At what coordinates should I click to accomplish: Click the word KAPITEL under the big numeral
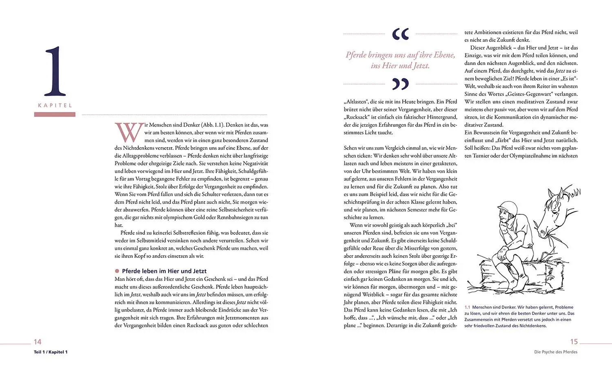55,105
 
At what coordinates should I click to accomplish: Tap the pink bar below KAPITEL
55,115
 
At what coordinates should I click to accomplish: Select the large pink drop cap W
129,132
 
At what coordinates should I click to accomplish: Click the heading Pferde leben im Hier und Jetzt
164,271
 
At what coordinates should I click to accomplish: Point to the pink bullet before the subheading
117,271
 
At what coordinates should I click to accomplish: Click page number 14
38,342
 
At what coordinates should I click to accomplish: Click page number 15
574,342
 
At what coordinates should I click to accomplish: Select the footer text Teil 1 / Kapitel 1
51,352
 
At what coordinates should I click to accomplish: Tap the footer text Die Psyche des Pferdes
556,352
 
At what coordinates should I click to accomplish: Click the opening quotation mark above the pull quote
400,34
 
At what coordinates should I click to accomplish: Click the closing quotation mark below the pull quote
400,84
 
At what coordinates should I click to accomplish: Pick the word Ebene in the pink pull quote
444,55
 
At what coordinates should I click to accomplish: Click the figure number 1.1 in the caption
467,307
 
